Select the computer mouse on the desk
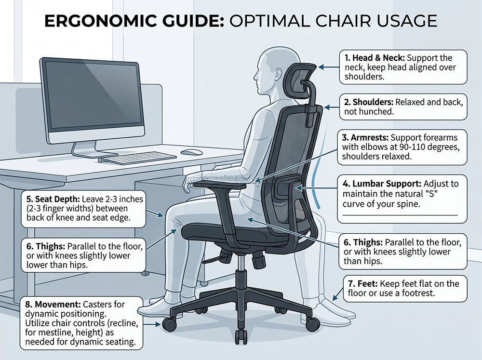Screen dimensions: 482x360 pyautogui.click(x=191, y=152)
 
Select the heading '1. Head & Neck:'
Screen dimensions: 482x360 pyautogui.click(x=375, y=58)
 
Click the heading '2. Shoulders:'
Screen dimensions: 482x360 pyautogui.click(x=369, y=102)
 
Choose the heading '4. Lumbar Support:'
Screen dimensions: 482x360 pyautogui.click(x=382, y=184)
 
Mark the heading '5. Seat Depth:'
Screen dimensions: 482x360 pyautogui.click(x=53, y=199)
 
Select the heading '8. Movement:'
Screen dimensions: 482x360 pyautogui.click(x=53, y=305)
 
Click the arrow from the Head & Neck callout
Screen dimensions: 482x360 pyautogui.click(x=329, y=67)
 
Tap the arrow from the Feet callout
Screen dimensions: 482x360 pyautogui.click(x=338, y=293)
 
